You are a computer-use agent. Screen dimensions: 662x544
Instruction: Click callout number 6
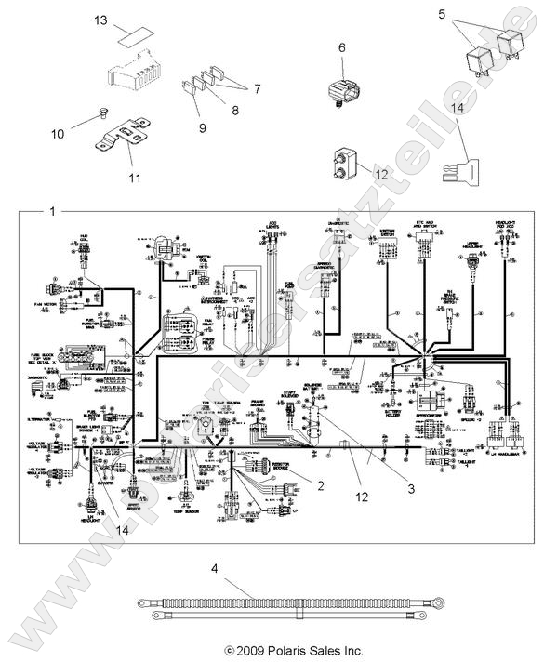(x=341, y=47)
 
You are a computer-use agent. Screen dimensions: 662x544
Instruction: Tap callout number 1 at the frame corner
(x=52, y=212)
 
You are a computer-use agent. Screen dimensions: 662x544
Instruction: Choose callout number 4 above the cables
(x=214, y=565)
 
